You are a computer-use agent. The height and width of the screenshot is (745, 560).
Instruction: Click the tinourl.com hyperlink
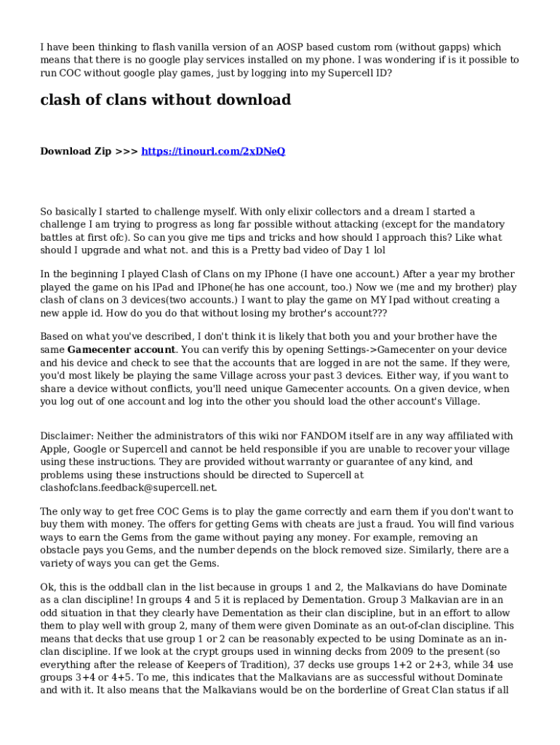(x=213, y=151)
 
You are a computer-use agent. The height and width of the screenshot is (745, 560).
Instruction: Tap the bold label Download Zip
(x=76, y=151)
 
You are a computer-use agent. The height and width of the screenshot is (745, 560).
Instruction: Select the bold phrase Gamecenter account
(x=121, y=349)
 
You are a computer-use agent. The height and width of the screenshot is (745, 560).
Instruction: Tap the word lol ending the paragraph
(x=378, y=250)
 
